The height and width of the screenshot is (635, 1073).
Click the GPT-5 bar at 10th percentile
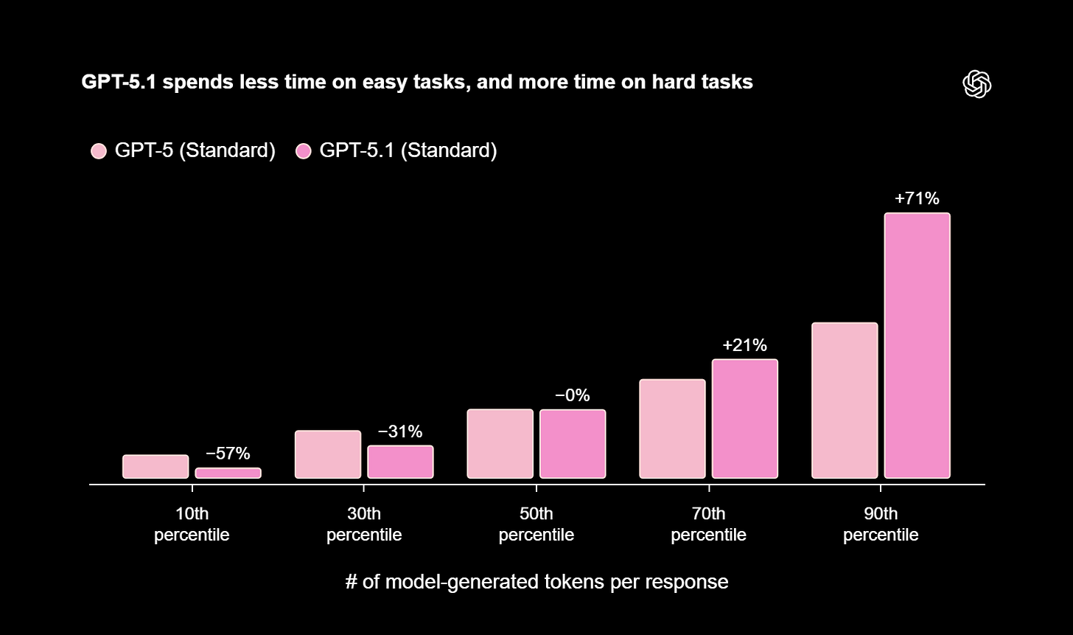click(x=155, y=466)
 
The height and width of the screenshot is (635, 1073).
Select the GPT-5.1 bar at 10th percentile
click(x=228, y=473)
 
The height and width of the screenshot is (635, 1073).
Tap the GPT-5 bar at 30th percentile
click(x=328, y=454)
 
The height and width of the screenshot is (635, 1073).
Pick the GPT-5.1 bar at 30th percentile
click(x=400, y=462)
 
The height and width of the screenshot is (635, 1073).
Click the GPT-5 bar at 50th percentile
click(x=500, y=443)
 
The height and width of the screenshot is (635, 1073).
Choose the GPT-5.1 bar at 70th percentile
click(x=744, y=418)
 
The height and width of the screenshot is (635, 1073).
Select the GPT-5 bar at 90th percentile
click(x=845, y=400)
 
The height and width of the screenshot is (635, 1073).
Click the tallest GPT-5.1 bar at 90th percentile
click(x=917, y=345)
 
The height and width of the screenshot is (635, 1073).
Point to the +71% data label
click(x=917, y=198)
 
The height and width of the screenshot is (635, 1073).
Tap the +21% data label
click(x=744, y=345)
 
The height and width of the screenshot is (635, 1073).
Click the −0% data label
click(x=573, y=395)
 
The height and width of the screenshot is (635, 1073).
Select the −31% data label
click(x=400, y=431)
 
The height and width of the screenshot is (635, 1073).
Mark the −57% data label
click(x=228, y=454)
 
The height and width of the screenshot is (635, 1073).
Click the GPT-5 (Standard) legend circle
click(x=99, y=151)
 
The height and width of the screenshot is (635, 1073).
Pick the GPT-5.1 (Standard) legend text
click(x=408, y=150)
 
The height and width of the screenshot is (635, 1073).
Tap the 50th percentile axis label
click(x=536, y=524)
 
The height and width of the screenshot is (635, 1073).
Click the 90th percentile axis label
click(x=881, y=524)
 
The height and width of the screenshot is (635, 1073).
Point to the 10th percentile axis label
click(x=192, y=524)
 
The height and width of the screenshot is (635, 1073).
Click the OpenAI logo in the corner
click(x=976, y=83)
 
